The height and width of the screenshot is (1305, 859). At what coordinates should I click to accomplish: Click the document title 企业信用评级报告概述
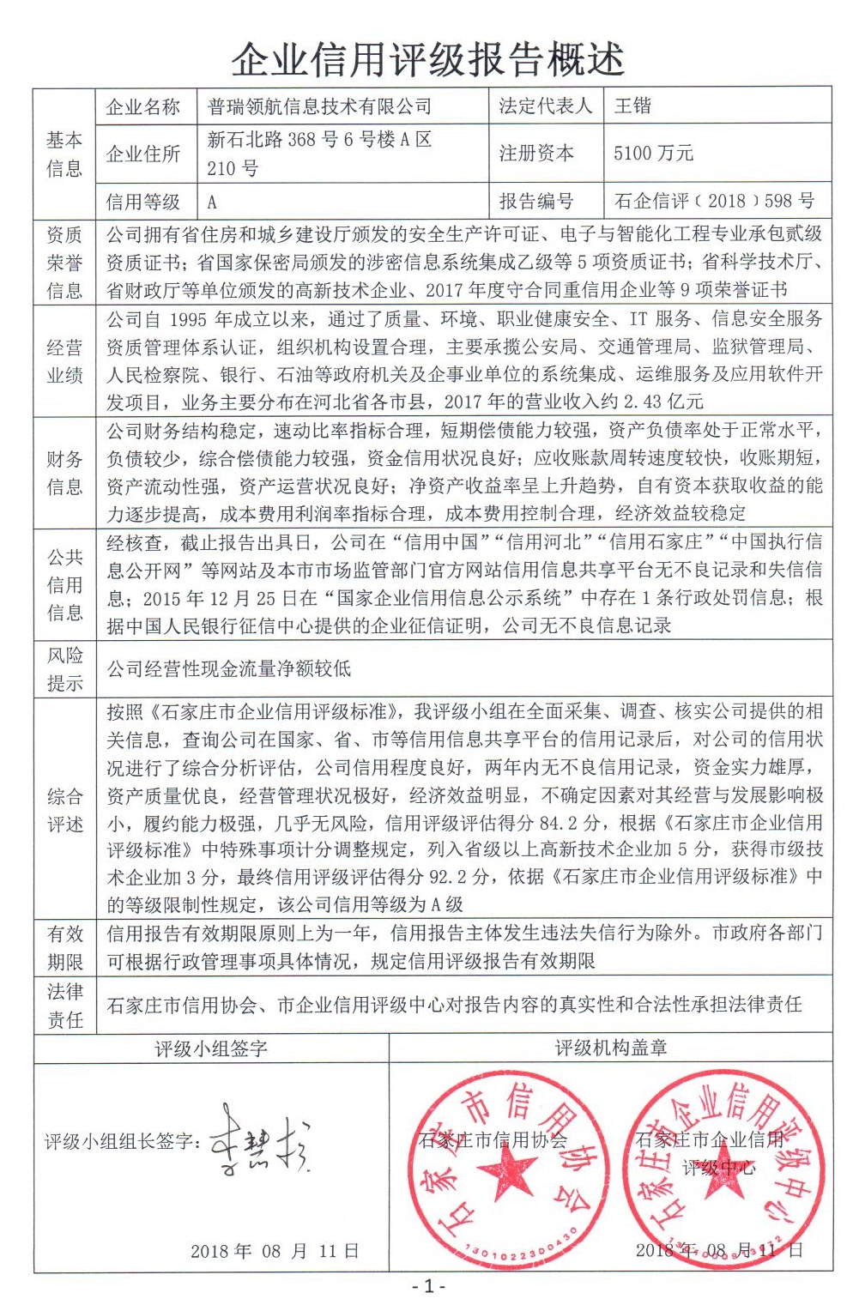[x=428, y=60]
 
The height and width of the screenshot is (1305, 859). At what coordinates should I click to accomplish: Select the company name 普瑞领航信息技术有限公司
[x=319, y=106]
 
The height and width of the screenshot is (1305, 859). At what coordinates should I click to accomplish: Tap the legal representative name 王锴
[x=633, y=106]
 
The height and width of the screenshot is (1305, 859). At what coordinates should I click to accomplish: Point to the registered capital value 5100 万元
[x=653, y=154]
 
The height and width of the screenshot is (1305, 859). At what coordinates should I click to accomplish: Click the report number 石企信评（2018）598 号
[x=714, y=201]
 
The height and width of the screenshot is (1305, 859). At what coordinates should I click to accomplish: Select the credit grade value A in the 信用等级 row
[x=212, y=202]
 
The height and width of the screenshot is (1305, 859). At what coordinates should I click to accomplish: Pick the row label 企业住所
[x=143, y=154]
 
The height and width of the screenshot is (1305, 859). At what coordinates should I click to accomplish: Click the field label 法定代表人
[x=545, y=106]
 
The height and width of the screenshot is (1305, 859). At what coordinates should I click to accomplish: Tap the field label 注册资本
[x=536, y=154]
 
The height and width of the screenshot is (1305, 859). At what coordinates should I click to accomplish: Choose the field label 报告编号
[x=536, y=201]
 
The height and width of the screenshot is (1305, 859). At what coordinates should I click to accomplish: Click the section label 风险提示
[x=64, y=669]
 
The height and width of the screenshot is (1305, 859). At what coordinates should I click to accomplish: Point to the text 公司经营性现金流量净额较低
[x=229, y=669]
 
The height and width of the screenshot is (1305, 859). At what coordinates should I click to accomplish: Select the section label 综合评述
[x=64, y=810]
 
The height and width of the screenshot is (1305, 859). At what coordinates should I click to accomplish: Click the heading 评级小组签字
[x=211, y=1048]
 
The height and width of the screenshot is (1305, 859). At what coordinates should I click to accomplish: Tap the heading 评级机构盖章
[x=610, y=1048]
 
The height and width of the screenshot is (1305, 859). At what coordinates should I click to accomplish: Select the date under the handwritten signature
[x=275, y=1250]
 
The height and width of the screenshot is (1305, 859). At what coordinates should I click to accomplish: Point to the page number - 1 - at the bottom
[x=429, y=1286]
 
